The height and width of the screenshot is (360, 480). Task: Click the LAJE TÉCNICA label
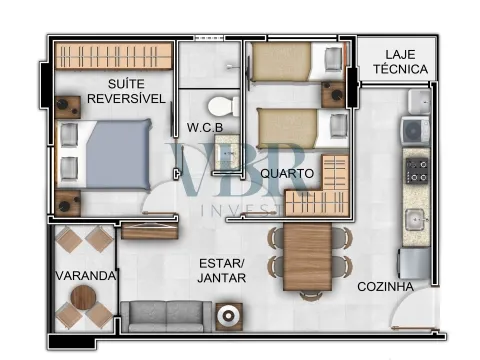click(400, 62)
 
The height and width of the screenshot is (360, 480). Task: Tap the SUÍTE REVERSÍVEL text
click(126, 91)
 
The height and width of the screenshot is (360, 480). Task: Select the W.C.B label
click(205, 127)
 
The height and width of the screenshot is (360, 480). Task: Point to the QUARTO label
click(287, 173)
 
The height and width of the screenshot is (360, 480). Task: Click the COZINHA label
click(386, 287)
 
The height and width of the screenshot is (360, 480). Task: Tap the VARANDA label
click(86, 276)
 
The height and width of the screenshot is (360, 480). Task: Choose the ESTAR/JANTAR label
click(222, 271)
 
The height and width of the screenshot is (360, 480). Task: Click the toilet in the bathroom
click(224, 106)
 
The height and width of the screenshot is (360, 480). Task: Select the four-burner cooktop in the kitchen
click(416, 171)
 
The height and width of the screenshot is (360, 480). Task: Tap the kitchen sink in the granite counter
click(415, 220)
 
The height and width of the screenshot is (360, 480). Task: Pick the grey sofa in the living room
click(166, 317)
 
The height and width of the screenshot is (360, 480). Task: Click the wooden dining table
click(307, 256)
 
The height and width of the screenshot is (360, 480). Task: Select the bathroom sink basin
click(227, 152)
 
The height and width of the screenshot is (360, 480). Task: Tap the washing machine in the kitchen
click(416, 130)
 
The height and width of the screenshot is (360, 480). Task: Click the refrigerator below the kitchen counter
click(414, 263)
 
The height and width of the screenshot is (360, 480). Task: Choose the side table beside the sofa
click(229, 317)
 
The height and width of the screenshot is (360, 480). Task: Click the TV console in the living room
click(150, 231)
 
